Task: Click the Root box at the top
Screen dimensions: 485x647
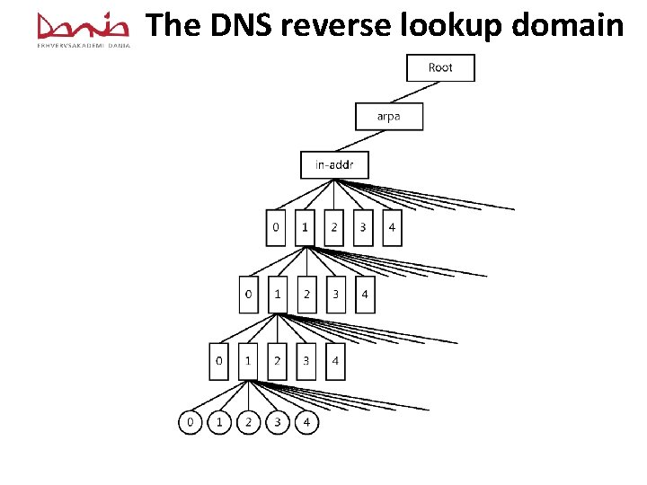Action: point(440,68)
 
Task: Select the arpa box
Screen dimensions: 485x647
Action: point(388,117)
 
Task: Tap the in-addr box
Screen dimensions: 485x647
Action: point(334,165)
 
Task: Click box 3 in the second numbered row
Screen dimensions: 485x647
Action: point(335,295)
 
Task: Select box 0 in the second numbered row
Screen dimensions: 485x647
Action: point(249,295)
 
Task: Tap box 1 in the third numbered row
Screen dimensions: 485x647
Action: point(248,361)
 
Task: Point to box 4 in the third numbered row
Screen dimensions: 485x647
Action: point(335,361)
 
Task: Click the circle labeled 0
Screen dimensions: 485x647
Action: point(191,421)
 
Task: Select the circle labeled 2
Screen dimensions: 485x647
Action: point(248,421)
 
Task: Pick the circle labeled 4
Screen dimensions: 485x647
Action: point(306,421)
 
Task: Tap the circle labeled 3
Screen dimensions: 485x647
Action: point(278,421)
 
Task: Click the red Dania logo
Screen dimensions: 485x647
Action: point(84,27)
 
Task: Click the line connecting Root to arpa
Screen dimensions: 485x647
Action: point(414,93)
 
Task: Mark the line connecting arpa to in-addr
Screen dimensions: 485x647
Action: point(361,141)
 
